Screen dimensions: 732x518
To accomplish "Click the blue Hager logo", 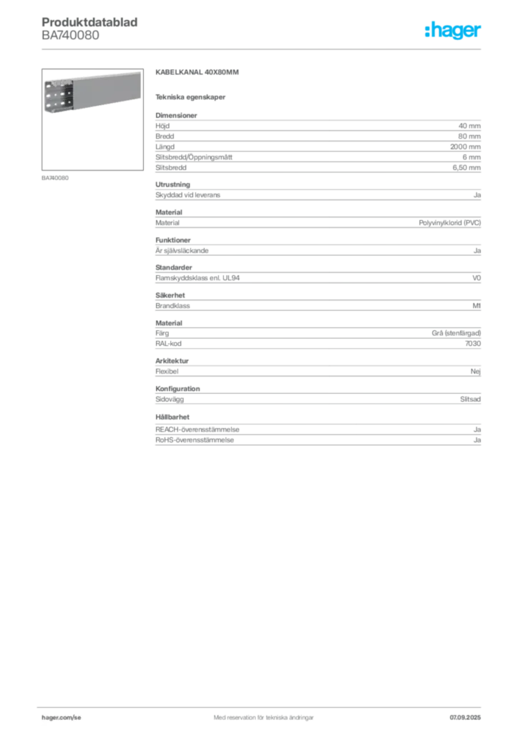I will coord(454,31).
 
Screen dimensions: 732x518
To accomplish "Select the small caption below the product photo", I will coord(57,177).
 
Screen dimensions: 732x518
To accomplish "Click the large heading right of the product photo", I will coord(197,74).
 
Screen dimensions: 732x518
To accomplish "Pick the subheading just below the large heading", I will coord(192,97).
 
